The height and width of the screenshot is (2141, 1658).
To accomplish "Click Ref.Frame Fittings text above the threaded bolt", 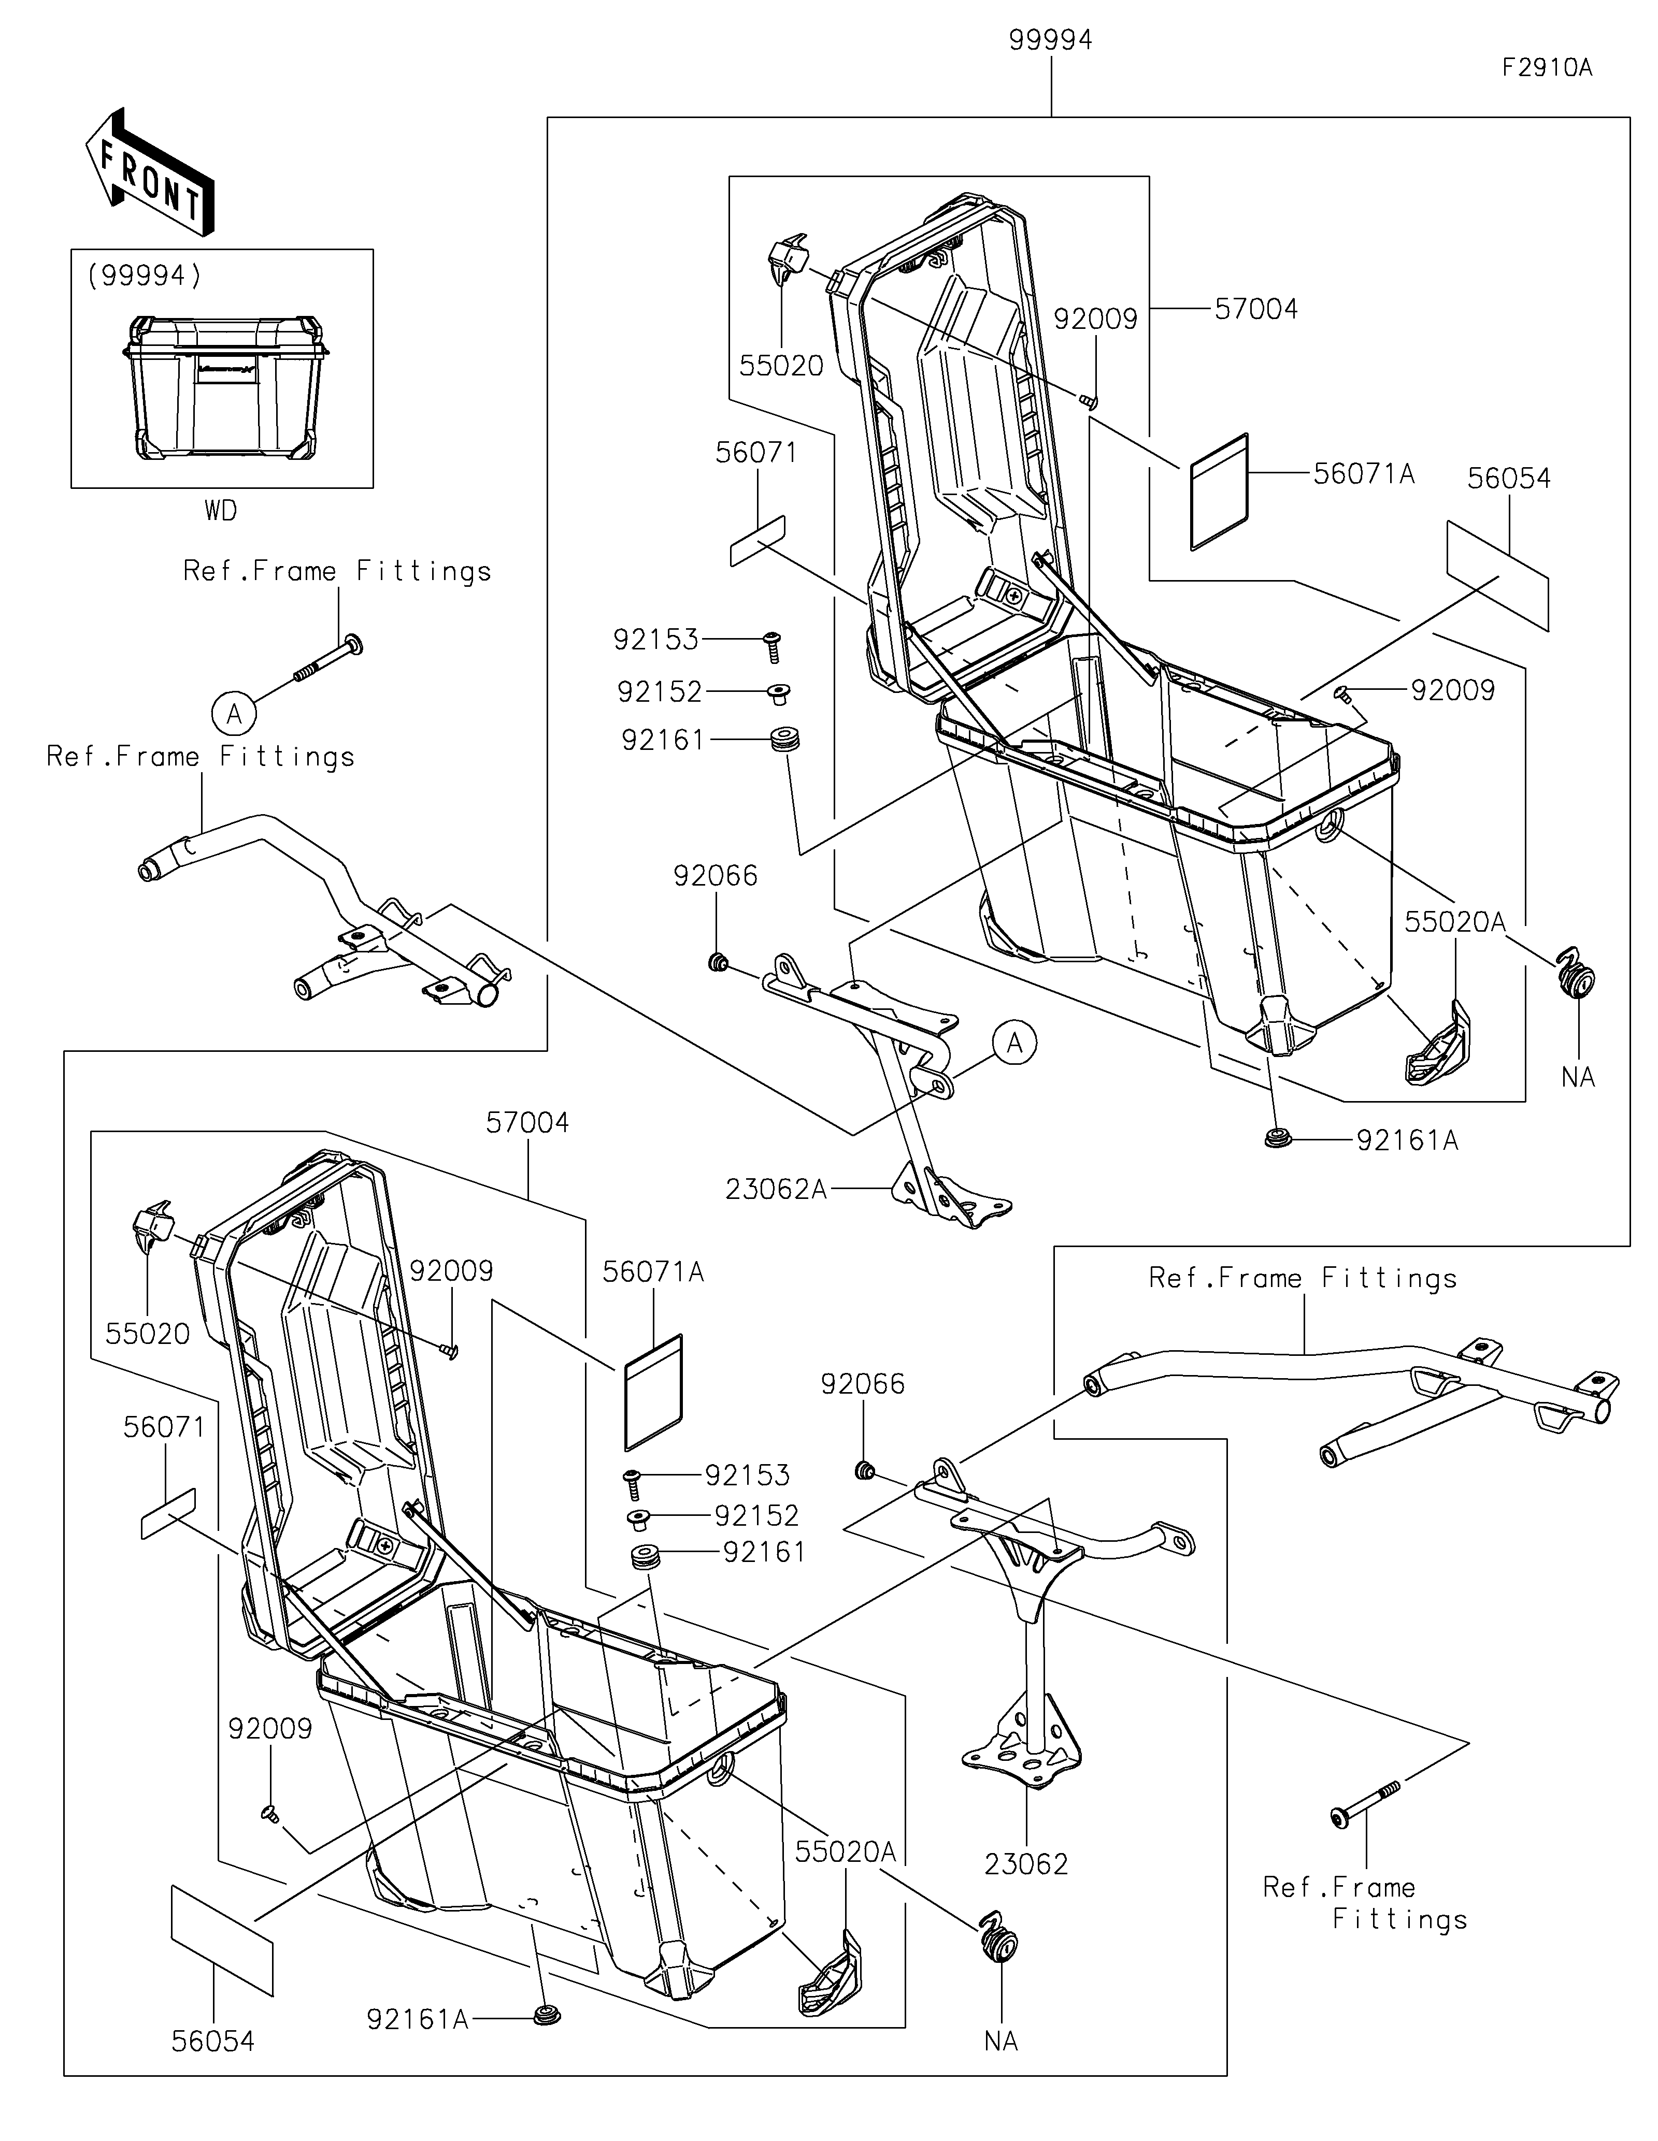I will click(337, 572).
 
